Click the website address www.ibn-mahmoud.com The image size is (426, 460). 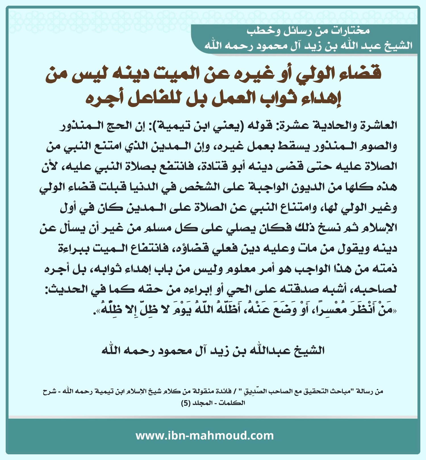[204, 436]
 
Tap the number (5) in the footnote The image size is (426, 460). [185, 403]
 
